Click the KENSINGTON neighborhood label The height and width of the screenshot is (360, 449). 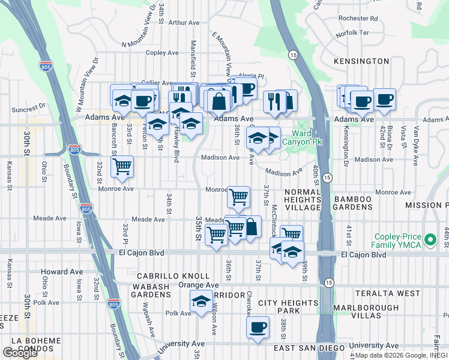tap(363, 61)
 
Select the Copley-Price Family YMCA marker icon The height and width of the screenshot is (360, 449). tap(429, 240)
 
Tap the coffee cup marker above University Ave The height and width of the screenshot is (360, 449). tap(258, 328)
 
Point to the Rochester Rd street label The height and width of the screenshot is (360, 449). tap(358, 18)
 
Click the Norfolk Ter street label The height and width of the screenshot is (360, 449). tap(352, 32)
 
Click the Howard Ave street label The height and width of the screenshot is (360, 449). tap(62, 272)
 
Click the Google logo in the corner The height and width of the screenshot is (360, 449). tap(20, 353)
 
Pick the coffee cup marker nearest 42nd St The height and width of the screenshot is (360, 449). tap(384, 100)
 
